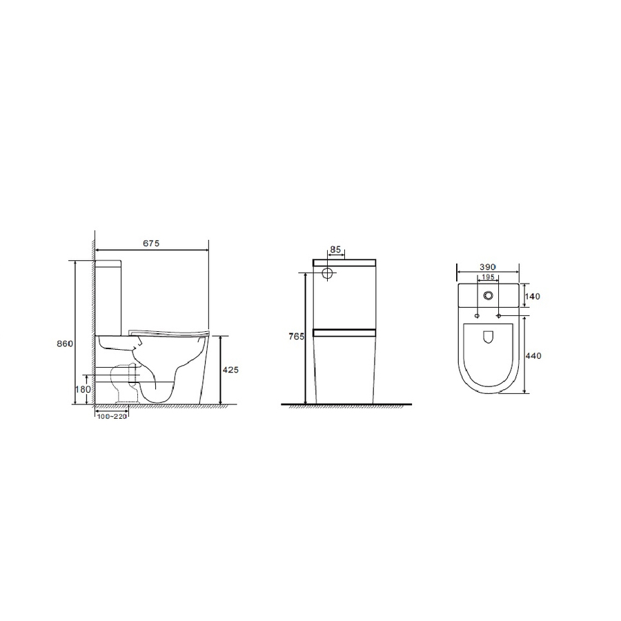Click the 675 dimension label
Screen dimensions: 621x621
151,243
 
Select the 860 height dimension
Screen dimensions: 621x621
65,344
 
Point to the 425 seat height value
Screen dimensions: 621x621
230,370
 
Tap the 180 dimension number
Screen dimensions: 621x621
83,389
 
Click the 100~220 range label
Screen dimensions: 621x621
112,417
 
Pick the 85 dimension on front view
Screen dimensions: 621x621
335,250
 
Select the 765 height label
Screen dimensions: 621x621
297,337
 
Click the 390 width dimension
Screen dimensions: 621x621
488,267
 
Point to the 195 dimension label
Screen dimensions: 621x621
488,277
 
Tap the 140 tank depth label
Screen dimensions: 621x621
533,296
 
